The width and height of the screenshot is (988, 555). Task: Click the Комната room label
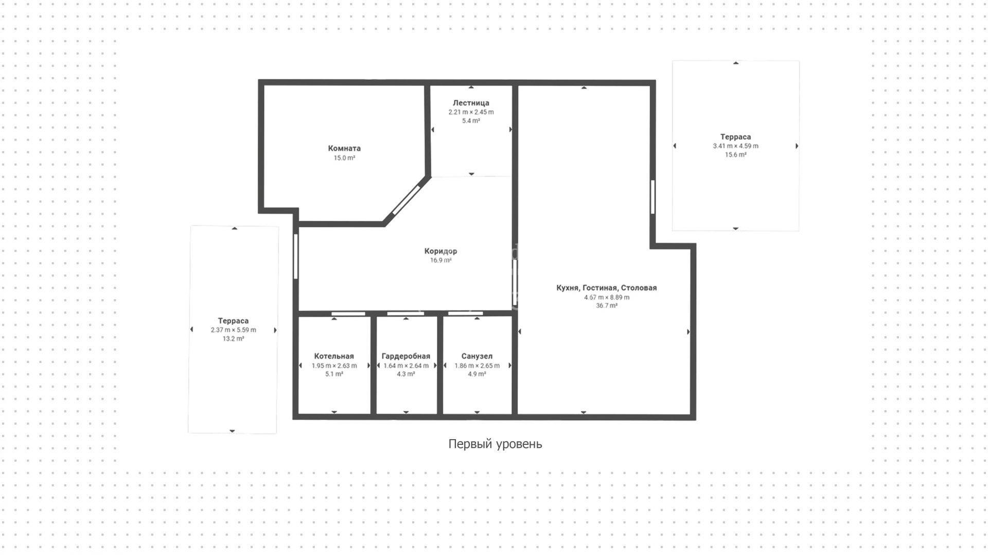click(344, 148)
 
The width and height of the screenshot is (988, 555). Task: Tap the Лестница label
click(471, 103)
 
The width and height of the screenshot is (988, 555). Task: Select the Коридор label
click(440, 251)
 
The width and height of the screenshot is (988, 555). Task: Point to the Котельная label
click(334, 356)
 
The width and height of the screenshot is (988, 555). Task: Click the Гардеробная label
click(406, 356)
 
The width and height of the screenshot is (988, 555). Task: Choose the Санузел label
click(477, 356)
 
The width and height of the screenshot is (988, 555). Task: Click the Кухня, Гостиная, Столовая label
click(607, 288)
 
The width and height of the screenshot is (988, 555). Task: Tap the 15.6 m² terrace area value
click(736, 154)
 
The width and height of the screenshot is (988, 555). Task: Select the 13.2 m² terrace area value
click(233, 339)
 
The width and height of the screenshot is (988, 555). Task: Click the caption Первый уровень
click(495, 444)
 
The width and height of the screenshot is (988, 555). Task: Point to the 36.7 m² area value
click(607, 305)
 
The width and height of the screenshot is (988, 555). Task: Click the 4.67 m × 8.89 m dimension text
click(607, 297)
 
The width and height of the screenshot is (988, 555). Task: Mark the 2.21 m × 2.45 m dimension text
click(471, 112)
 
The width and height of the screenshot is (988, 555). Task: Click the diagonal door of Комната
click(407, 200)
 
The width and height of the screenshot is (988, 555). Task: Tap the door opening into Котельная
click(348, 314)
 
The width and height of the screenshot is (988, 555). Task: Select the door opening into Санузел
click(466, 314)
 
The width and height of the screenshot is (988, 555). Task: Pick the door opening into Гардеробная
click(405, 314)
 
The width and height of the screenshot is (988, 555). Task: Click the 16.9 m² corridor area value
click(441, 261)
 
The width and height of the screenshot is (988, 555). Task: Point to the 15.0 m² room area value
click(344, 158)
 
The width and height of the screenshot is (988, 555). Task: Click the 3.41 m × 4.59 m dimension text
click(736, 146)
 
